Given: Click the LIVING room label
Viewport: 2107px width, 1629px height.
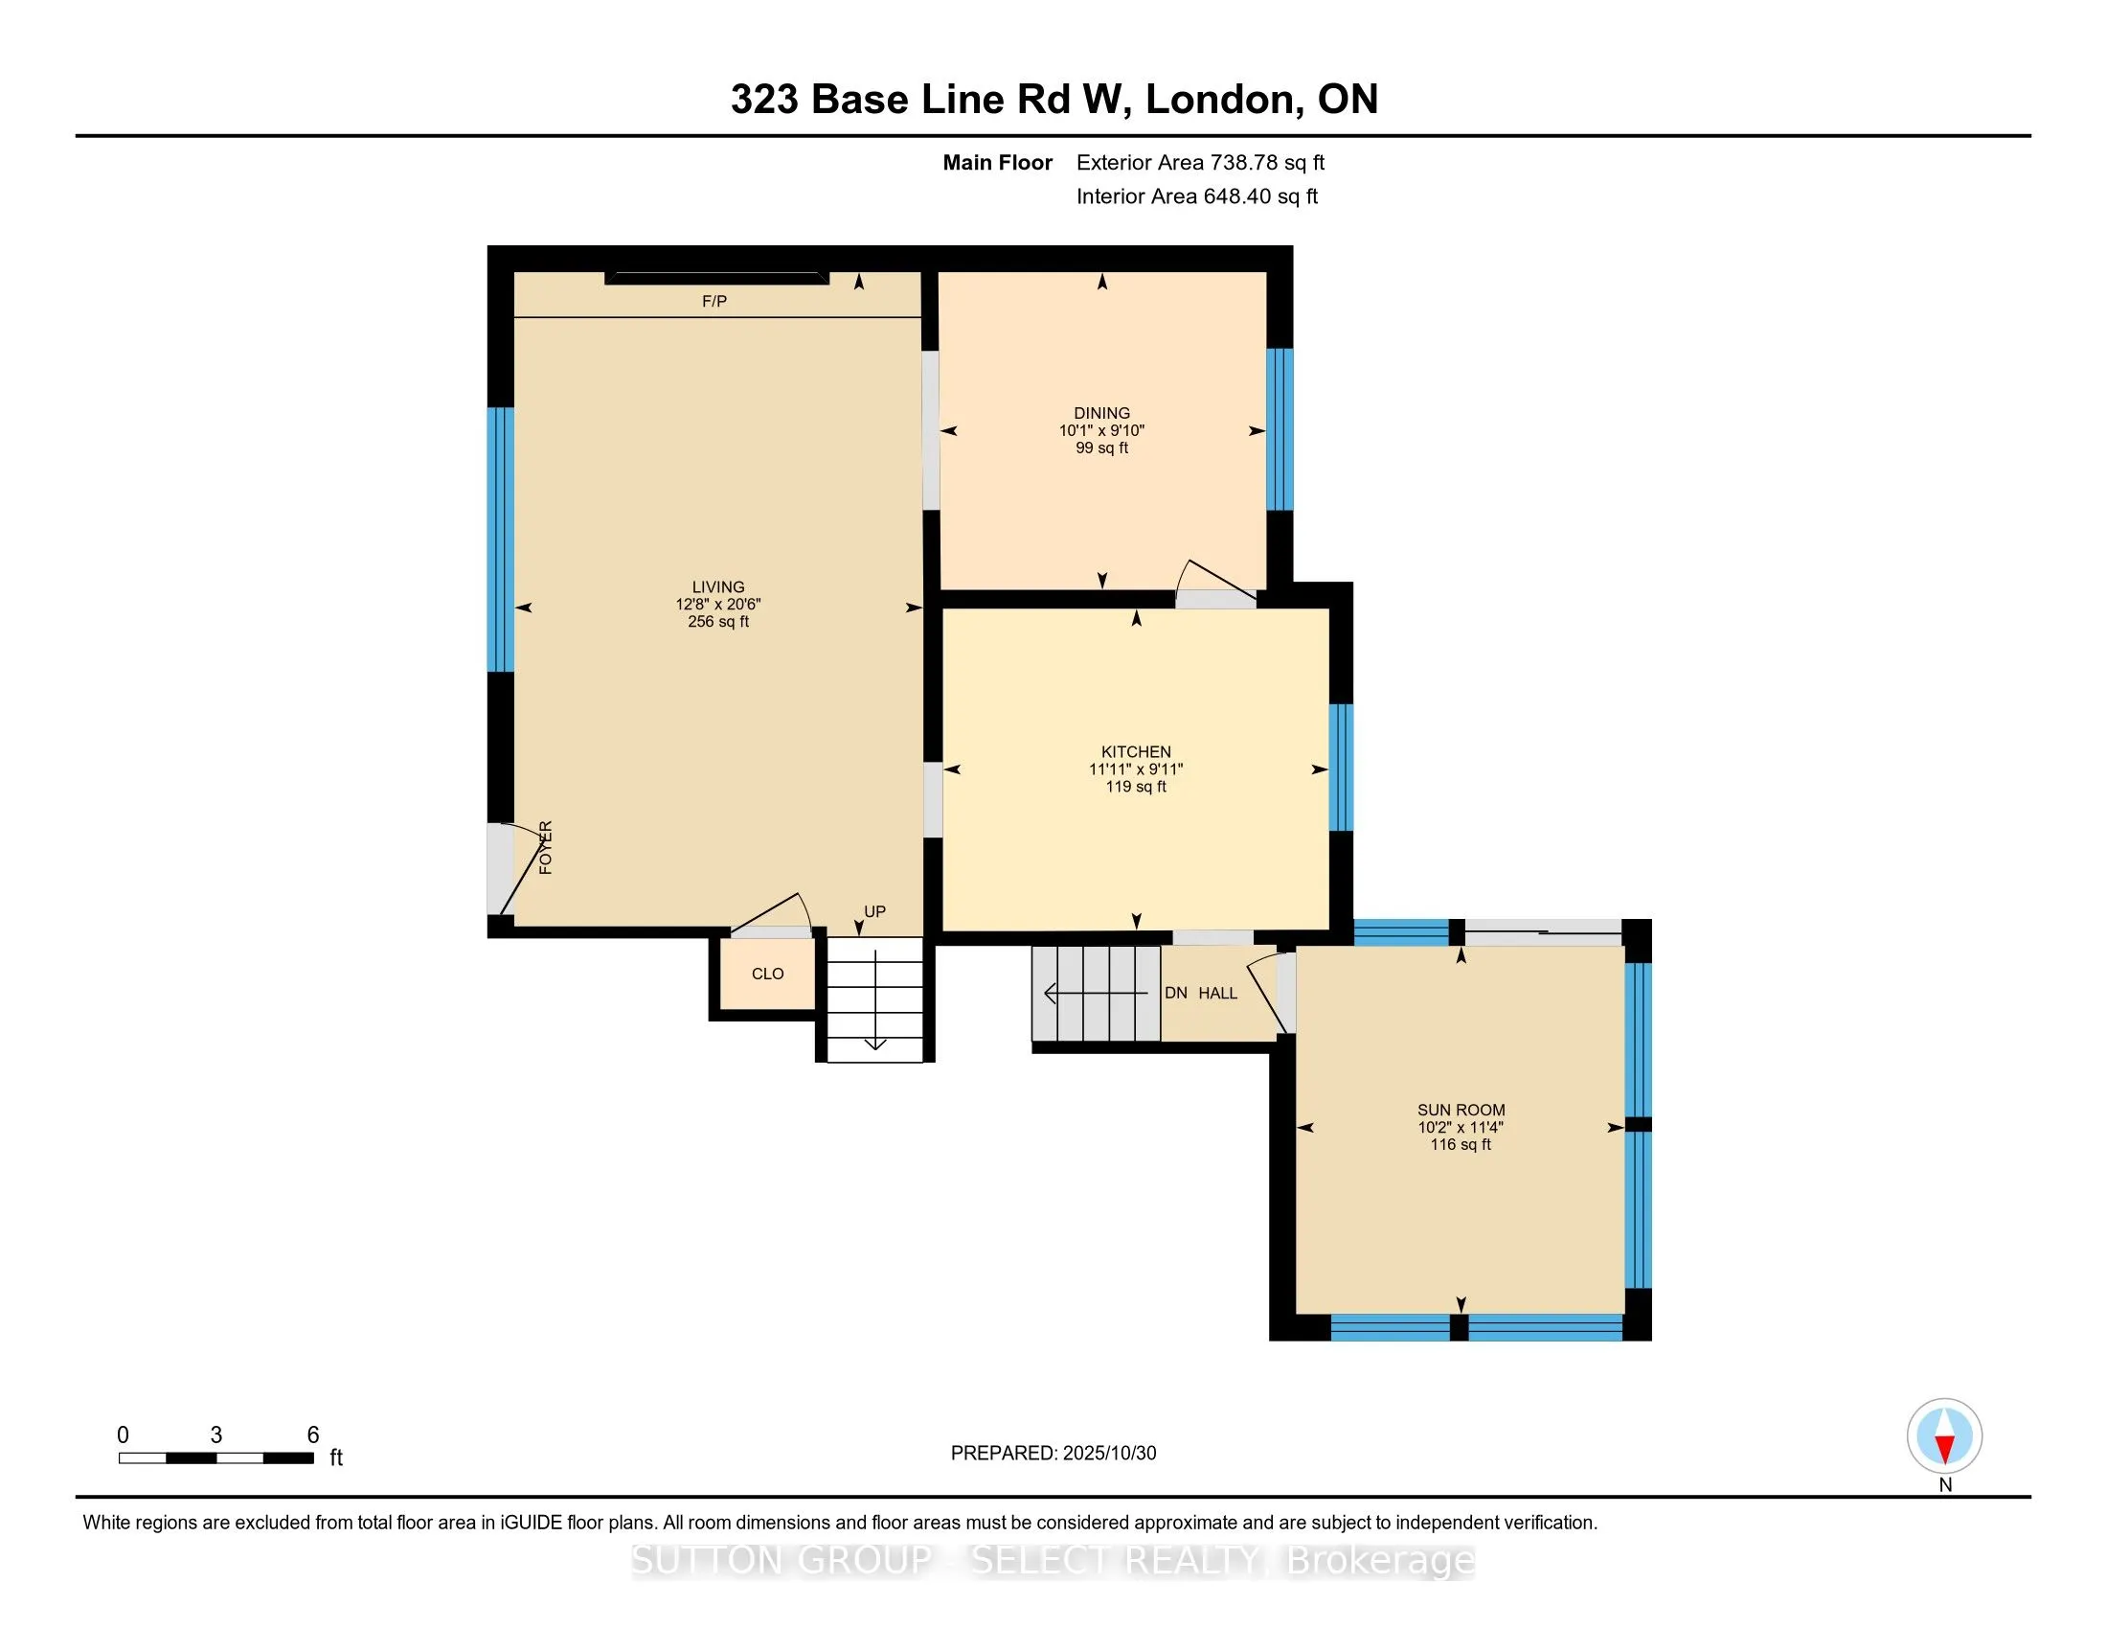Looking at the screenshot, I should point(717,586).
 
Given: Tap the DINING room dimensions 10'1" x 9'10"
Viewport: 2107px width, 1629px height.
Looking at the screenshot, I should point(1101,430).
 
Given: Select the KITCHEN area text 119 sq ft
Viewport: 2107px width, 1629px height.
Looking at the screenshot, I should point(1136,787).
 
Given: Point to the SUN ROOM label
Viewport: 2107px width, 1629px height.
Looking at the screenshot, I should point(1461,1110).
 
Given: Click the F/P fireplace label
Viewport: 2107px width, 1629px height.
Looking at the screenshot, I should point(714,302).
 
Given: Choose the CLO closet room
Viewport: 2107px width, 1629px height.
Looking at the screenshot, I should point(768,974).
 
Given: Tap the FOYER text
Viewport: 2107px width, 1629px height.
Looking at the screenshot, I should point(546,847).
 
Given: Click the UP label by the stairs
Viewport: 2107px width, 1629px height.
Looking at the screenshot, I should point(874,911).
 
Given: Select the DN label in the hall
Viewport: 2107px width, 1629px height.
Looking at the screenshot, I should point(1175,993).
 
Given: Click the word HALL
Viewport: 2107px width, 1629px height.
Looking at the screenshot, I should point(1217,993).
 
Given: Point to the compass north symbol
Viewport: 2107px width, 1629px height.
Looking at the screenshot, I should point(1944,1436).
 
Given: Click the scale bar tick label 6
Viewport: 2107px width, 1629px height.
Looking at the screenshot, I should point(312,1435).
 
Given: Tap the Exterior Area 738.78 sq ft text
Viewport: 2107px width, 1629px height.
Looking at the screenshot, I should point(1200,162).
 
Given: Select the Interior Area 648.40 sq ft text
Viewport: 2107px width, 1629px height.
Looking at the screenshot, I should point(1196,195).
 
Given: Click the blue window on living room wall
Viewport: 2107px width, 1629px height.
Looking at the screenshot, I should point(500,539).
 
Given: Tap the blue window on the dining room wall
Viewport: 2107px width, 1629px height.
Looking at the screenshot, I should point(1280,428).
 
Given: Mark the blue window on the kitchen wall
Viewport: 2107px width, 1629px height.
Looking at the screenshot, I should point(1341,768).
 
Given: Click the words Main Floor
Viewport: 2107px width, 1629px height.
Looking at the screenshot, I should point(997,162).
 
